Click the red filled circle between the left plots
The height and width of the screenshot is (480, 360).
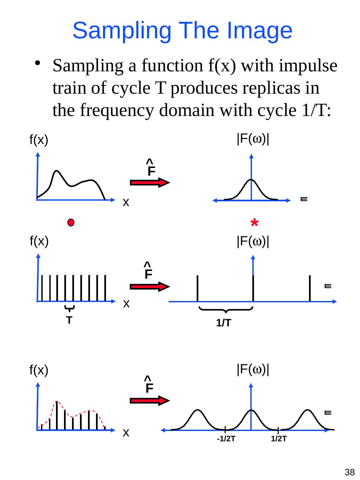71,223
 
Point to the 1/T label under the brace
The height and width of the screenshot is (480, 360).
224,323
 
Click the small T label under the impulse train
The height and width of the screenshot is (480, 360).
69,320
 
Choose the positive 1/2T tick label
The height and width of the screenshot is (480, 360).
279,439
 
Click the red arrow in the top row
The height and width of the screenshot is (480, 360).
150,182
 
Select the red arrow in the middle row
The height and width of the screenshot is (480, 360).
150,287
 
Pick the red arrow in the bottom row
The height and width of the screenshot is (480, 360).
150,400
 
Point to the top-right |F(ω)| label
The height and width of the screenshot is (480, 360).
253,139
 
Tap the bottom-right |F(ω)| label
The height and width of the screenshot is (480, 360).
253,369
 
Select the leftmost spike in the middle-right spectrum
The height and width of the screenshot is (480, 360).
198,288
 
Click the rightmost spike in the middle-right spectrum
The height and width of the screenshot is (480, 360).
310,288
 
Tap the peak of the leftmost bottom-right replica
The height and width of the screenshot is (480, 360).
198,410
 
